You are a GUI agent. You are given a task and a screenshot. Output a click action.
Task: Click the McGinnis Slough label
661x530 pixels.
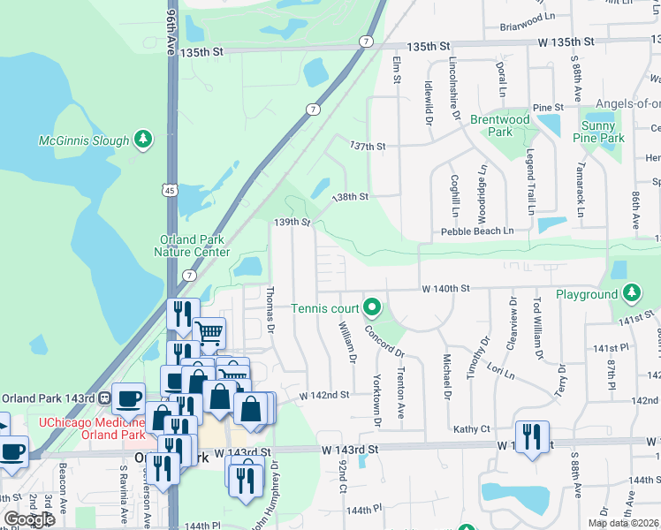(x=83, y=140)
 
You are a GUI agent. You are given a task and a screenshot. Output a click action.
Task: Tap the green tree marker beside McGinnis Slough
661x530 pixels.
(x=143, y=140)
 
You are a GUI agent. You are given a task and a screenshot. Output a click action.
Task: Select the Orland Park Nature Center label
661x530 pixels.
(x=191, y=246)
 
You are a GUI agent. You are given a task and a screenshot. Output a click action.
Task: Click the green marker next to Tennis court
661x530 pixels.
(x=372, y=308)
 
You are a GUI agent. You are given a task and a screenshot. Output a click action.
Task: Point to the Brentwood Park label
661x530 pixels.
(x=499, y=125)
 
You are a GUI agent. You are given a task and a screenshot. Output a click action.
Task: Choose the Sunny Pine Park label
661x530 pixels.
(x=598, y=132)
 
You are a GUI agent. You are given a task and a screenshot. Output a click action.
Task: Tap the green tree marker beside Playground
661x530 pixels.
(x=631, y=293)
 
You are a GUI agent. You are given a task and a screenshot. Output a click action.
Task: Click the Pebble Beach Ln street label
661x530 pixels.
(x=477, y=231)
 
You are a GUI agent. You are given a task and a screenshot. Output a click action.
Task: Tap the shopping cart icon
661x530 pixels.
(x=209, y=333)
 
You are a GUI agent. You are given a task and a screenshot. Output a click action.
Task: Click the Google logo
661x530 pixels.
(x=29, y=519)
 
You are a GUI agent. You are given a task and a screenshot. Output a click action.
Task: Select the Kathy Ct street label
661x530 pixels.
(x=471, y=429)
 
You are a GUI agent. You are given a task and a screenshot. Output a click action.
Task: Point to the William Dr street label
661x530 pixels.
(x=347, y=344)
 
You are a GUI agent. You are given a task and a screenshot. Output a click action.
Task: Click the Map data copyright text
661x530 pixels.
(x=622, y=523)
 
